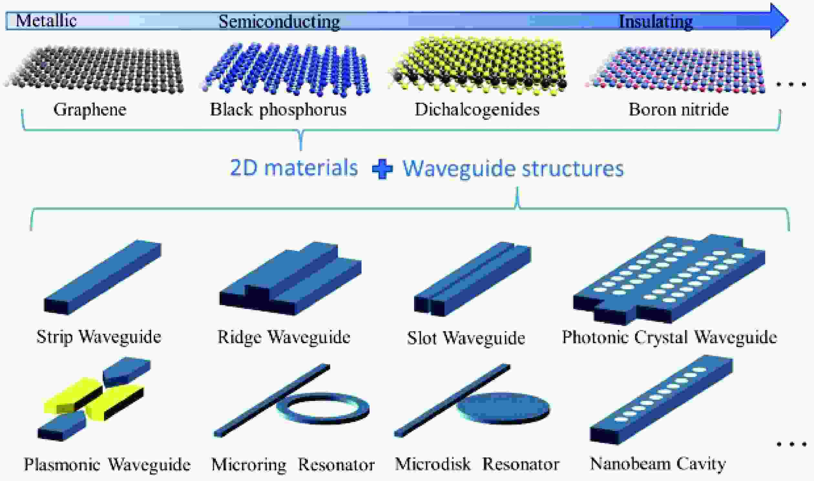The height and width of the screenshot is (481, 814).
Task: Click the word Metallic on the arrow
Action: (x=46, y=20)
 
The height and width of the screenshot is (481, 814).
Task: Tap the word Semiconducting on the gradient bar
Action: (x=279, y=22)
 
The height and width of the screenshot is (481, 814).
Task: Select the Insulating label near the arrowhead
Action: (x=656, y=22)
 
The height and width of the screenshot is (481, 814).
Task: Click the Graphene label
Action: (x=90, y=109)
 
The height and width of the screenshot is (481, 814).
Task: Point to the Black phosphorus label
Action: (x=278, y=109)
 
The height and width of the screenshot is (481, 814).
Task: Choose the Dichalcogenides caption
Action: (x=477, y=109)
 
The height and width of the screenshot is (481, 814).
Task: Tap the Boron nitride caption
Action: (x=678, y=109)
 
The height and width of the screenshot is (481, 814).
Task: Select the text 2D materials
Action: (x=294, y=168)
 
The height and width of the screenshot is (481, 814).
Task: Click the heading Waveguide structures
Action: (x=513, y=169)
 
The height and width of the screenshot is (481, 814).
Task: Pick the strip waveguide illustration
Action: (x=102, y=277)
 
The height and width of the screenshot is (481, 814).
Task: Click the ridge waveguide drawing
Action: (x=290, y=278)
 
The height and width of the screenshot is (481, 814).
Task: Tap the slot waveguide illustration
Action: (x=473, y=279)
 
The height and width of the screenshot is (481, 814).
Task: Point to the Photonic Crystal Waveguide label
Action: (x=669, y=337)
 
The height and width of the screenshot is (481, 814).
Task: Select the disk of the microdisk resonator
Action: (x=503, y=408)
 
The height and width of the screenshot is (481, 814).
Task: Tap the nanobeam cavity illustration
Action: (x=661, y=400)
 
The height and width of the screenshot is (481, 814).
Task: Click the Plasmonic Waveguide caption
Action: (x=107, y=465)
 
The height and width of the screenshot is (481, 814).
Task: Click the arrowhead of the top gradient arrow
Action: (x=779, y=20)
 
